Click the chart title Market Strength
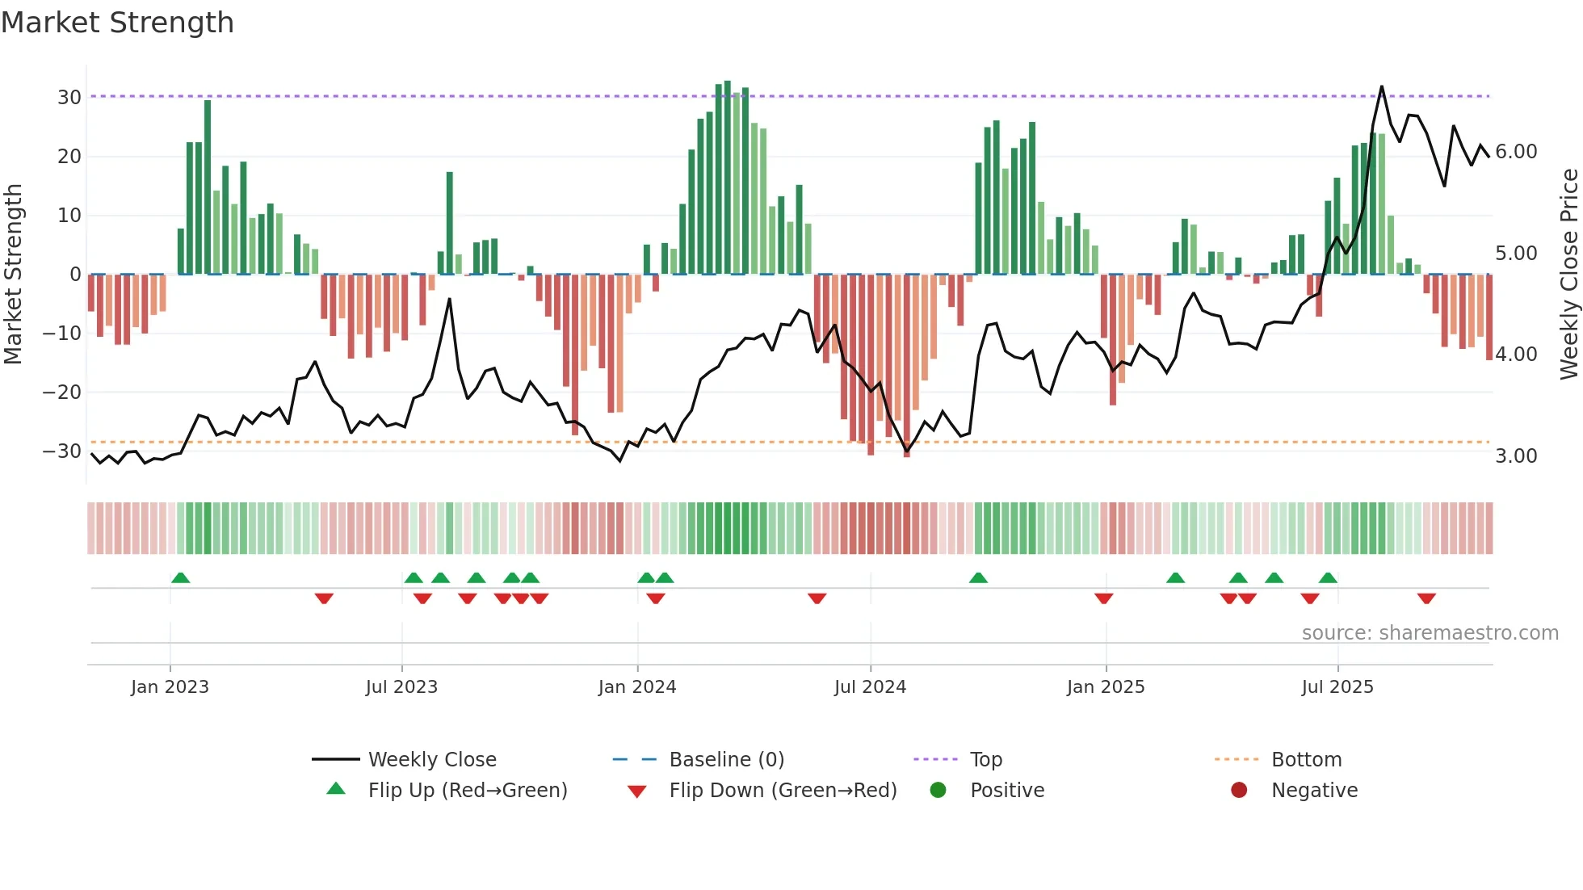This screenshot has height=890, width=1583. (x=117, y=23)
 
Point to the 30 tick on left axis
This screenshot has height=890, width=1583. (x=69, y=98)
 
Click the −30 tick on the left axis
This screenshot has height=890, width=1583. (x=62, y=451)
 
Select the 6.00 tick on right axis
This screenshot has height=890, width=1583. (x=1516, y=152)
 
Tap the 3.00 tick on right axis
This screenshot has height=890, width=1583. (x=1516, y=456)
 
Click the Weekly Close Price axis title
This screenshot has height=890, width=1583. (x=1568, y=274)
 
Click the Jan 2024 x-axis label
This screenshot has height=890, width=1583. (x=637, y=687)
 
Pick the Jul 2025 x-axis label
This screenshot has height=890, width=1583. (x=1337, y=687)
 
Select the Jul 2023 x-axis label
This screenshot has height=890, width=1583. (x=401, y=687)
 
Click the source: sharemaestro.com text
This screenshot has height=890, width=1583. (x=1430, y=633)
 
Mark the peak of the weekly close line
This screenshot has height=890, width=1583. (x=1382, y=86)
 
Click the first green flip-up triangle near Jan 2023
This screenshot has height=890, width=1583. (x=181, y=577)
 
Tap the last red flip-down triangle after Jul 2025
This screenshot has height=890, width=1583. (x=1426, y=598)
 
